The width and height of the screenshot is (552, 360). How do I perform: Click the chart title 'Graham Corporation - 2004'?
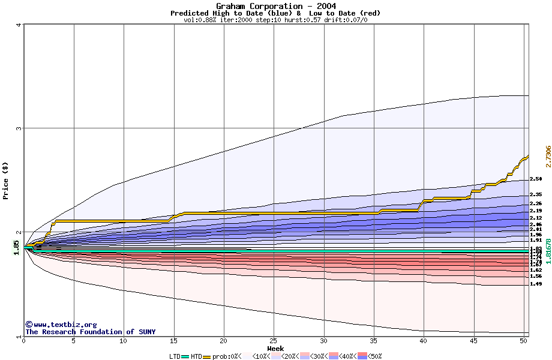pos(275,6)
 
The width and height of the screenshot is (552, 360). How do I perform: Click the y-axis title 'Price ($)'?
pos(6,180)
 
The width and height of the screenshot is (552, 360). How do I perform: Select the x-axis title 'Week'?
pos(275,348)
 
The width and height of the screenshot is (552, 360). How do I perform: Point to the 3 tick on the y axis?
pos(19,128)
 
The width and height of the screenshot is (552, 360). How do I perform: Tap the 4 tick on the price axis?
pos(19,25)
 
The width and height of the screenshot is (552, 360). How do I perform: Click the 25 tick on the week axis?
pos(274,341)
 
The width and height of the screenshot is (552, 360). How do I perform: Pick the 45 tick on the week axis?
pos(473,341)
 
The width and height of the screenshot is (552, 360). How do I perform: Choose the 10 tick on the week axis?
pos(124,341)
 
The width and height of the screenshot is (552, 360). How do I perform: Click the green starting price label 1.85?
pos(16,247)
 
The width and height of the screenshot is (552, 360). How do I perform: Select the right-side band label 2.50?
pos(536,179)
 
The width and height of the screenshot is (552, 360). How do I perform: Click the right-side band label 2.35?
pos(536,194)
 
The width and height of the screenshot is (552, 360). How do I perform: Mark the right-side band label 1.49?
pos(536,284)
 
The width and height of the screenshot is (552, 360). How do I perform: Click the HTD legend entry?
pos(196,356)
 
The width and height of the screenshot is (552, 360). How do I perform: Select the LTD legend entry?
pos(175,356)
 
